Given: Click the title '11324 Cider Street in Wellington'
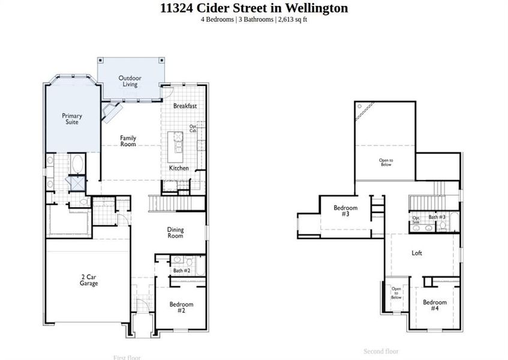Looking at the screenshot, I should point(254,8).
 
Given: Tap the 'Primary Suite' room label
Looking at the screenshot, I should point(72,119).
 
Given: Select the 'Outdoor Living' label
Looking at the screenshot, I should point(130,81).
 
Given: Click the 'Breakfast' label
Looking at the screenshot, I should point(185,106).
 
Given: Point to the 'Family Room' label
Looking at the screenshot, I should point(128,141).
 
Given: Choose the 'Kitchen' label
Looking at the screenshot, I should point(179,168).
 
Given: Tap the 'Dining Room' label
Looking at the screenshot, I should point(175,233).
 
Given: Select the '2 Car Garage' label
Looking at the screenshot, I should point(89,280).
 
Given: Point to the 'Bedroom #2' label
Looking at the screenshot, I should point(181,307).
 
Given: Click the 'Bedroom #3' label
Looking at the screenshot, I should point(345,211).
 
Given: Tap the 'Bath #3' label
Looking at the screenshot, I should point(436,217).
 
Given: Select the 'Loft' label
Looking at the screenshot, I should point(417,253).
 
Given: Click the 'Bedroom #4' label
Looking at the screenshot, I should point(434,305).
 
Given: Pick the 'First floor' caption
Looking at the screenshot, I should point(127,358).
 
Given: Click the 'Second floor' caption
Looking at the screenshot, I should point(381,351).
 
